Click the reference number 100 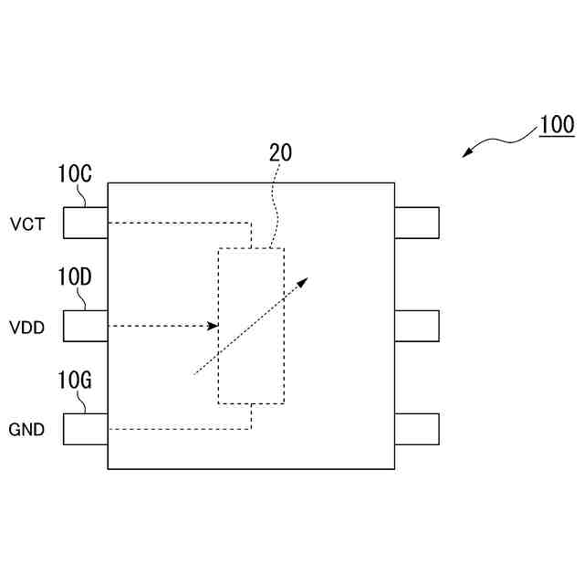[x=556, y=125]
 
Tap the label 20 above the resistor [x=280, y=152]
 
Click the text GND [x=26, y=429]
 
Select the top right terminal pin [x=417, y=223]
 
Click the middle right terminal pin [x=417, y=326]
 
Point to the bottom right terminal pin [x=417, y=429]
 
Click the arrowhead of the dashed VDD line [x=214, y=326]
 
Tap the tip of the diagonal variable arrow [x=307, y=278]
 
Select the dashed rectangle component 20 [x=251, y=326]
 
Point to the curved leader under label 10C [x=83, y=196]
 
